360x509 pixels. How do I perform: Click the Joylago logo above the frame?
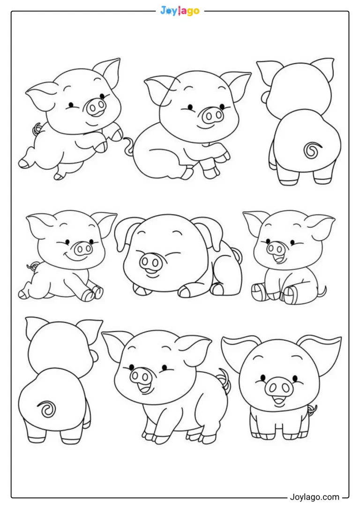(180, 11)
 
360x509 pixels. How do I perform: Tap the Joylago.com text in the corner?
(314, 497)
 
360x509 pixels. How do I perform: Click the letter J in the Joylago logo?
(163, 11)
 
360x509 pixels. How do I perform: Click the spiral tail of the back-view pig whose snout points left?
(311, 150)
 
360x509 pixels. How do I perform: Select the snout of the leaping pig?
(96, 105)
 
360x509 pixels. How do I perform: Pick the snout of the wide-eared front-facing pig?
(277, 386)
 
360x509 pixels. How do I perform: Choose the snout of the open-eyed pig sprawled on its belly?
(82, 249)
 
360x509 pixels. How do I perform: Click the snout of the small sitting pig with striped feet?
(276, 249)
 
